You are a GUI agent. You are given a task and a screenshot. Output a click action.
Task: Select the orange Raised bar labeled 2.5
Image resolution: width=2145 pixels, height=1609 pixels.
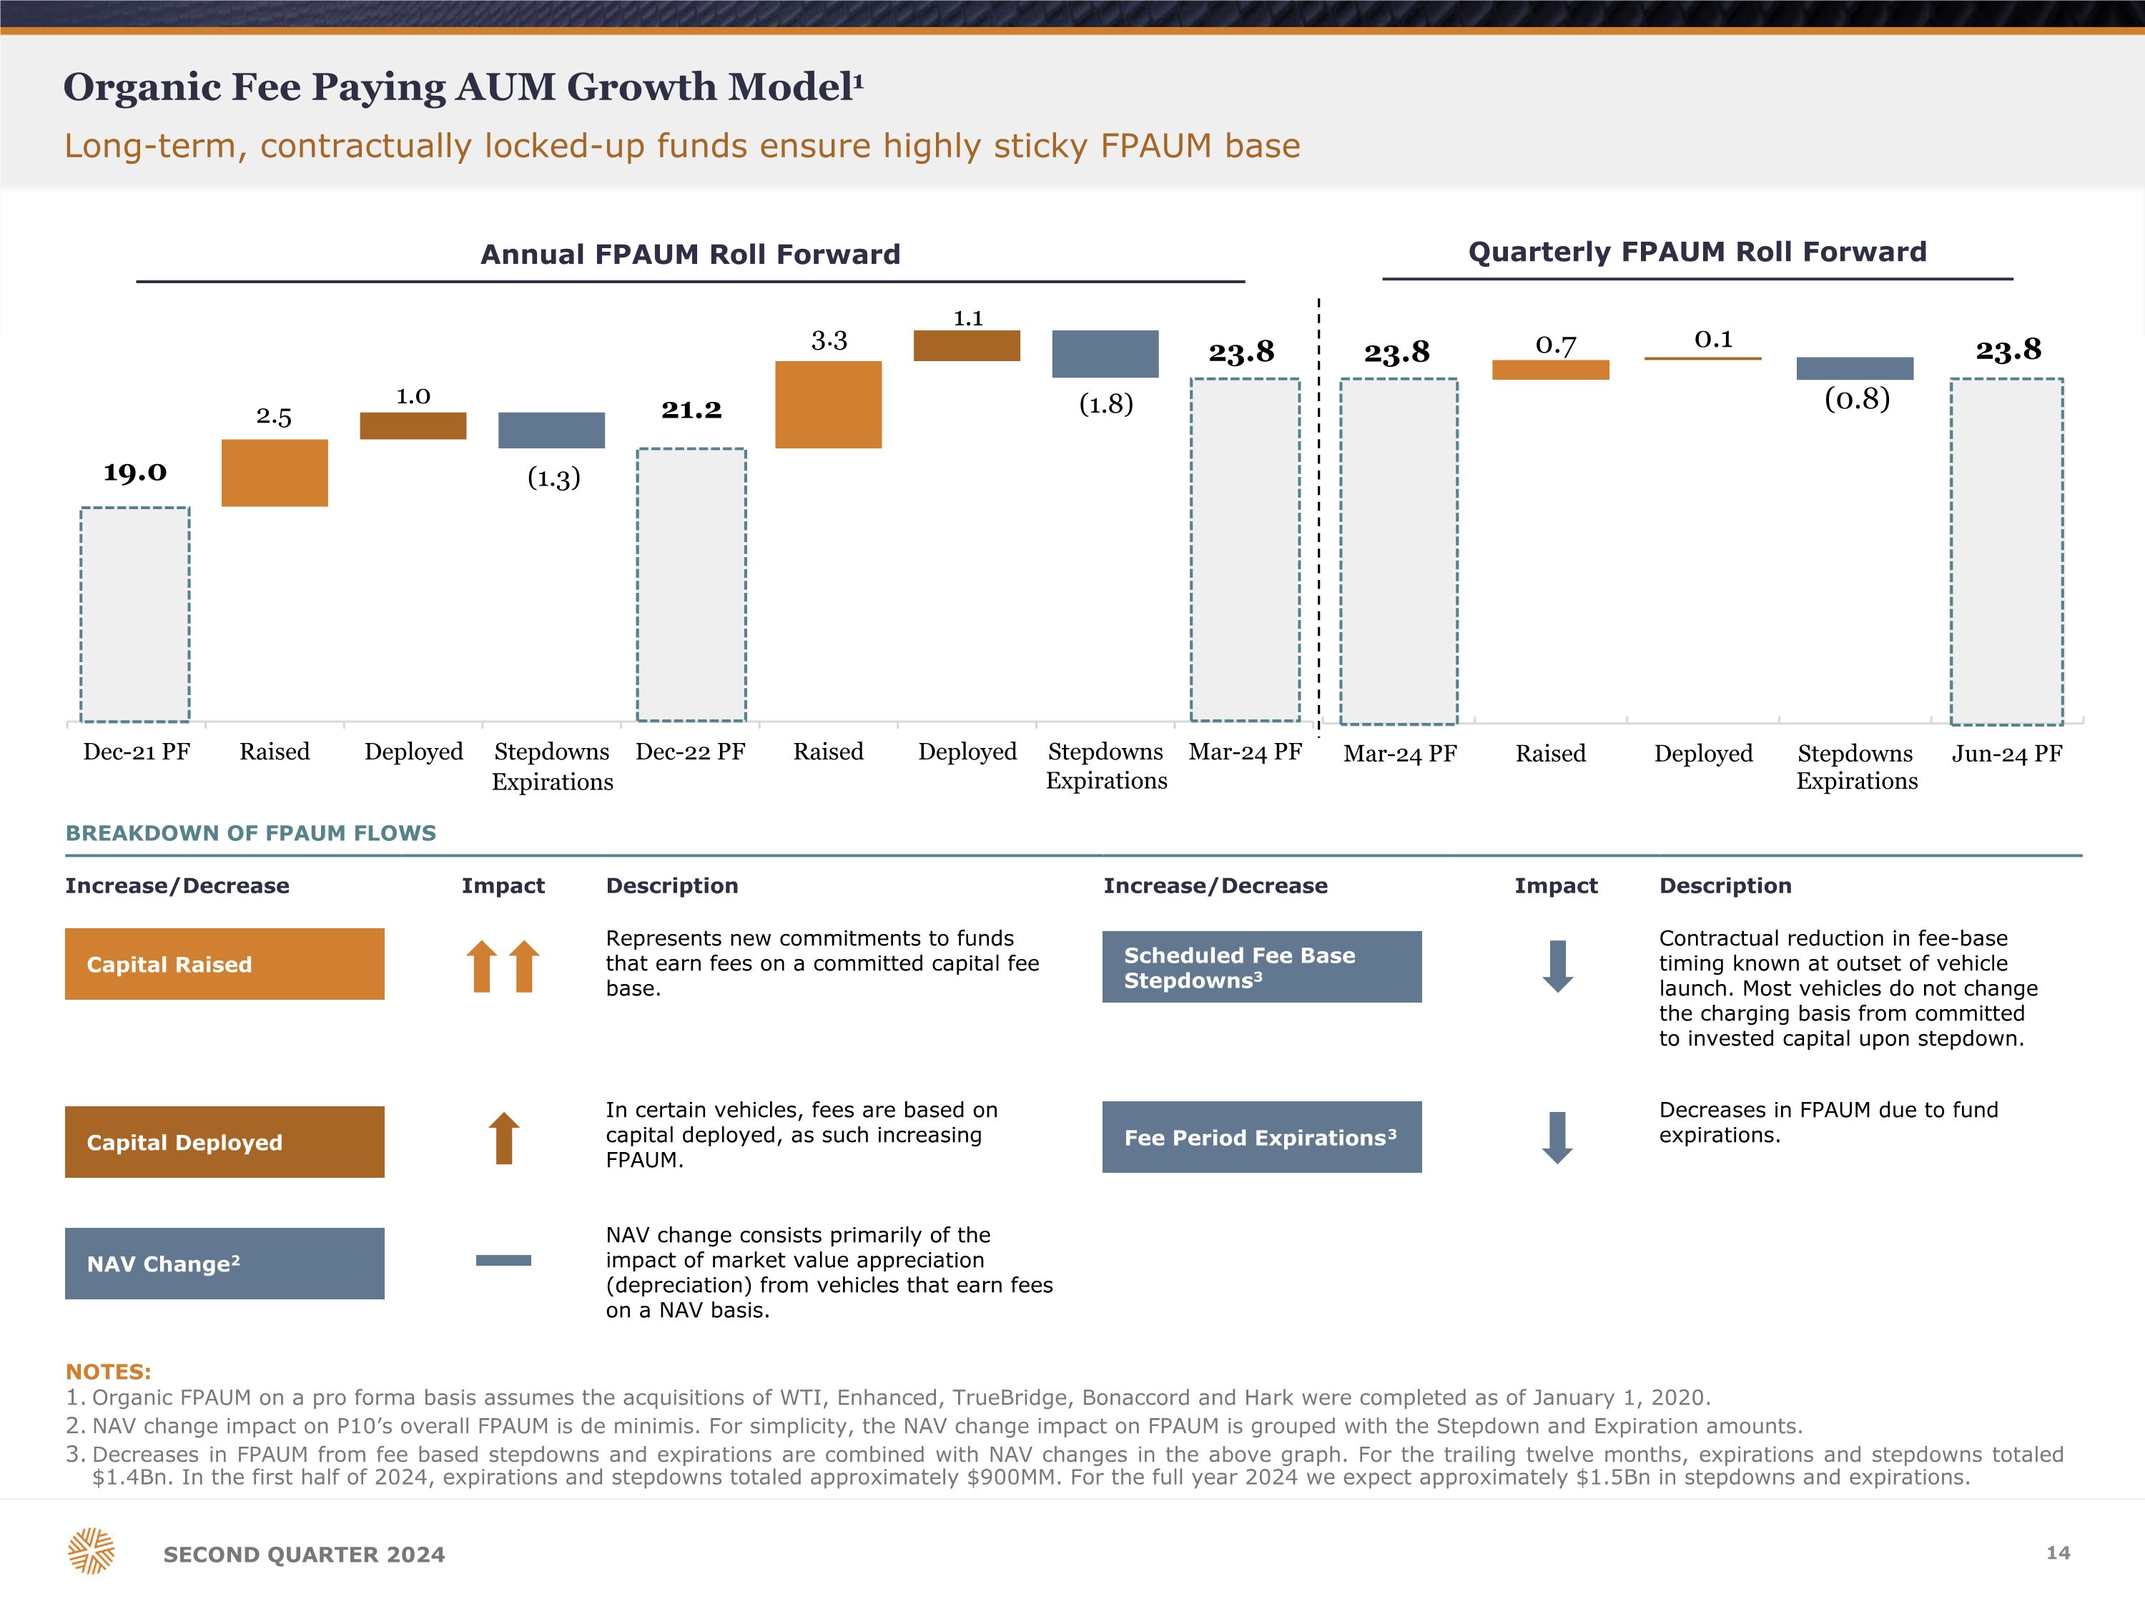pyautogui.click(x=275, y=473)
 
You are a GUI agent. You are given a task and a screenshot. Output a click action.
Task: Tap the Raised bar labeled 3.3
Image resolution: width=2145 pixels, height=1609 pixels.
pyautogui.click(x=828, y=405)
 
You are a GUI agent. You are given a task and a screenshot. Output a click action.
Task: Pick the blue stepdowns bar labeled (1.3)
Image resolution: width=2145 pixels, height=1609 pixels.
pyautogui.click(x=551, y=430)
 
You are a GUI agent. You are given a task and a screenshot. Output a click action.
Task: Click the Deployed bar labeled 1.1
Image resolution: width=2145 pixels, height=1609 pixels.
pyautogui.click(x=967, y=345)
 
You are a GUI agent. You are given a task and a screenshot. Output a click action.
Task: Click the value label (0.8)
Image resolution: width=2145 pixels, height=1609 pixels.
pyautogui.click(x=1857, y=398)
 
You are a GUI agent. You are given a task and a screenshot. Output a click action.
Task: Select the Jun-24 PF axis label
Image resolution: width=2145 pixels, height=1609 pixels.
pyautogui.click(x=2006, y=754)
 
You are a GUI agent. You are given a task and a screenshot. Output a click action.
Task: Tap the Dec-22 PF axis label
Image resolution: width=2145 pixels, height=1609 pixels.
pyautogui.click(x=691, y=752)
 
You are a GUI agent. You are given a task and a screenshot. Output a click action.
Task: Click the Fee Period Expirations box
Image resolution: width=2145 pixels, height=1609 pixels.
pyautogui.click(x=1261, y=1137)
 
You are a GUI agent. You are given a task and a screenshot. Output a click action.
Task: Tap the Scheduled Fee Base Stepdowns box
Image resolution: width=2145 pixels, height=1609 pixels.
pyautogui.click(x=1261, y=967)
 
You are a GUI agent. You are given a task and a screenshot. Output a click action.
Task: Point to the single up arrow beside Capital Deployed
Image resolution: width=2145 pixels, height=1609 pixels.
pyautogui.click(x=503, y=1138)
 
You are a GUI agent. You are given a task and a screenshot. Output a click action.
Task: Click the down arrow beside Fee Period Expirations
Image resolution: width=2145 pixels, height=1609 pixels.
pyautogui.click(x=1557, y=1138)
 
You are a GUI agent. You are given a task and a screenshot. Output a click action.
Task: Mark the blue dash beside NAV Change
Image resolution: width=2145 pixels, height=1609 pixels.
pyautogui.click(x=503, y=1260)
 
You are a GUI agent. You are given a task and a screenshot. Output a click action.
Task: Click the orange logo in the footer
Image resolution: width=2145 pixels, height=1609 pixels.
pyautogui.click(x=91, y=1551)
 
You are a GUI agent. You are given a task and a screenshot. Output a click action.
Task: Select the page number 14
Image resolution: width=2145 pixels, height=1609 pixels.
pyautogui.click(x=2058, y=1553)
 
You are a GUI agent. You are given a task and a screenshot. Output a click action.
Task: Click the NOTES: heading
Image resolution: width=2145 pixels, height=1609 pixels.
pyautogui.click(x=109, y=1372)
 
